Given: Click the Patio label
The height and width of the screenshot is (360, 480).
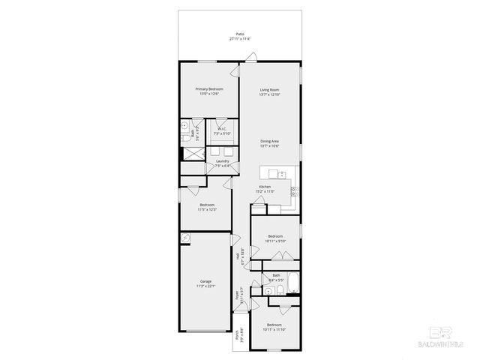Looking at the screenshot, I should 240,34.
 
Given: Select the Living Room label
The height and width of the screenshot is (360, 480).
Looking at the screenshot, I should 269,89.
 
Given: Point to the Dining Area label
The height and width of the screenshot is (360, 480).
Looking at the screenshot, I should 270,141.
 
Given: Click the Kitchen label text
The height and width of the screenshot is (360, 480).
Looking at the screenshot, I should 265,186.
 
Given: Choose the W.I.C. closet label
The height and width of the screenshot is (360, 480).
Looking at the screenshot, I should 223,129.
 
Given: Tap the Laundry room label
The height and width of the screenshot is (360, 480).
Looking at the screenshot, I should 223,160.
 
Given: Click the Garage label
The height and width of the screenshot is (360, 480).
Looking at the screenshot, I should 205,281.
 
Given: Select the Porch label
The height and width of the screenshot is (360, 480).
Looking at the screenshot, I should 237,337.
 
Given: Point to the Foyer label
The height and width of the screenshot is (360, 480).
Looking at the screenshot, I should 237,293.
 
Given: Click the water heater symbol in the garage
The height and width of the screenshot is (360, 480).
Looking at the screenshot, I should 184,238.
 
